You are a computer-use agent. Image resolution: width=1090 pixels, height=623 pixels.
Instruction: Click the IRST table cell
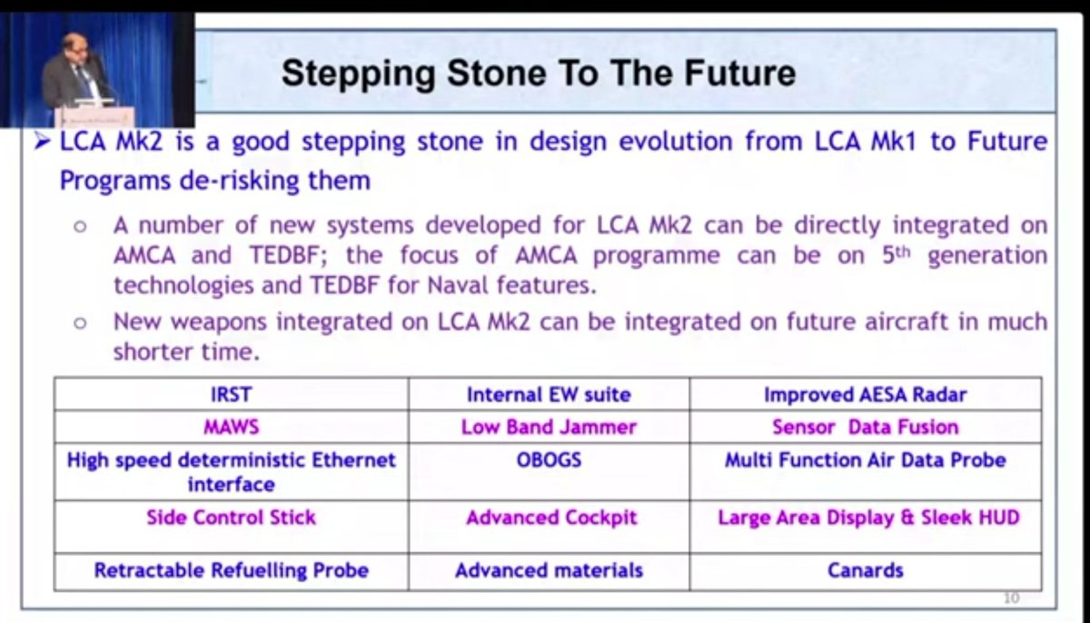pos(231,394)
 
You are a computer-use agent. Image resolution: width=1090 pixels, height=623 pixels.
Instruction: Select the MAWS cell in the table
pos(231,427)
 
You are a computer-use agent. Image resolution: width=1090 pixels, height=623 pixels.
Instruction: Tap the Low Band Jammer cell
pos(549,427)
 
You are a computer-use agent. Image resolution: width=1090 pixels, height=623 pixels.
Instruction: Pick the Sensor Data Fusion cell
pos(865,427)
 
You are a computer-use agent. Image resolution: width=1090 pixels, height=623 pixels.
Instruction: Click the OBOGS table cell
pos(549,471)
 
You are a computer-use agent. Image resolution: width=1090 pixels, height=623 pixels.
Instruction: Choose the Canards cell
pos(865,571)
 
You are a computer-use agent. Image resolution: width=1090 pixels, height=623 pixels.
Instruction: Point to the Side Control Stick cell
pos(231,526)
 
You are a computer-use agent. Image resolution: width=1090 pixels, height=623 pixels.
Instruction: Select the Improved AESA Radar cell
pos(865,394)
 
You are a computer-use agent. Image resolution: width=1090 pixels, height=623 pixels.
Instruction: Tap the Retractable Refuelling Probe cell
pos(231,571)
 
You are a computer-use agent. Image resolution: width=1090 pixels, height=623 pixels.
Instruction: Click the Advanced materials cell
pos(549,571)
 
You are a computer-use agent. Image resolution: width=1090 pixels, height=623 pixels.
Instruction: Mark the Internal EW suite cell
pos(549,394)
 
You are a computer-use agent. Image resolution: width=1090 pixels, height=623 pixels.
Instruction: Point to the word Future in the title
pos(739,73)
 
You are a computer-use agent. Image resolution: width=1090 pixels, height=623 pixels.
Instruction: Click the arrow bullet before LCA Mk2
pos(43,142)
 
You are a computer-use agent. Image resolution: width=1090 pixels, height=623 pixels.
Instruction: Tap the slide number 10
pos(1011,598)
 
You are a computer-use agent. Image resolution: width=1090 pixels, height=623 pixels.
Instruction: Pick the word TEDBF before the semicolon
pos(288,255)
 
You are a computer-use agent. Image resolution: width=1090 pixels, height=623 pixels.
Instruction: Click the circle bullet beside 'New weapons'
pos(80,323)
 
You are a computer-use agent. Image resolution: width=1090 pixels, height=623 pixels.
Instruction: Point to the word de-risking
pos(238,181)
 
